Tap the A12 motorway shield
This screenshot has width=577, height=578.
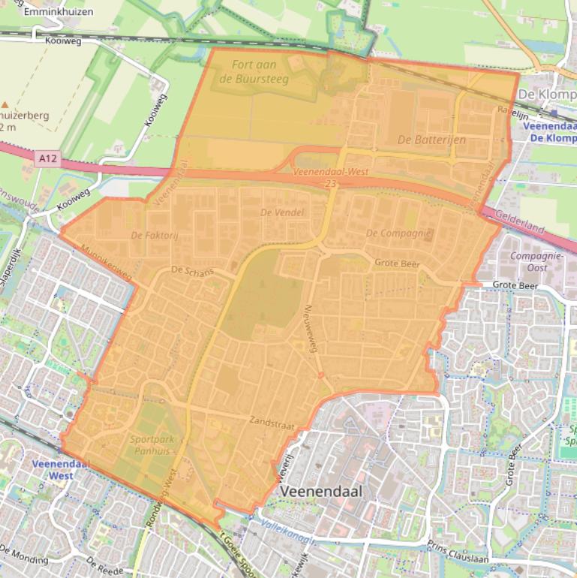[46, 158]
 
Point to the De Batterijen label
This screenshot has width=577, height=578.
[431, 140]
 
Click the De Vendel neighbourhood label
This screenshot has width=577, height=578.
[282, 212]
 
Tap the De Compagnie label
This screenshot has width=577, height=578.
[399, 233]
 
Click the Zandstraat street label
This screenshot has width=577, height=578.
[269, 421]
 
